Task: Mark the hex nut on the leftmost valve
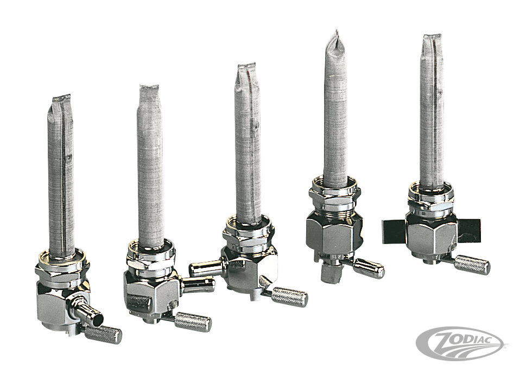[62, 271]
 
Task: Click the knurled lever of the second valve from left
[193, 320]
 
